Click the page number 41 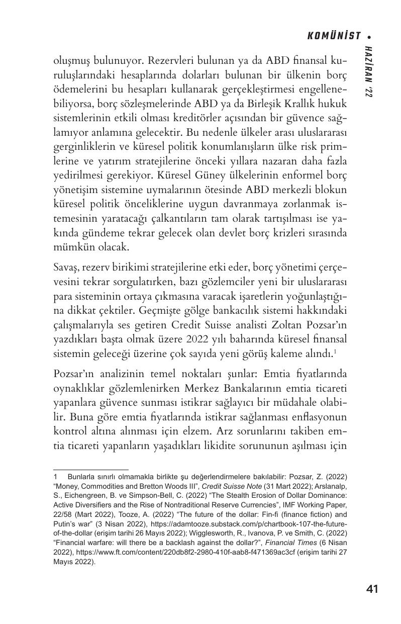tap(372, 589)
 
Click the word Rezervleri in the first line tap(168, 61)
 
